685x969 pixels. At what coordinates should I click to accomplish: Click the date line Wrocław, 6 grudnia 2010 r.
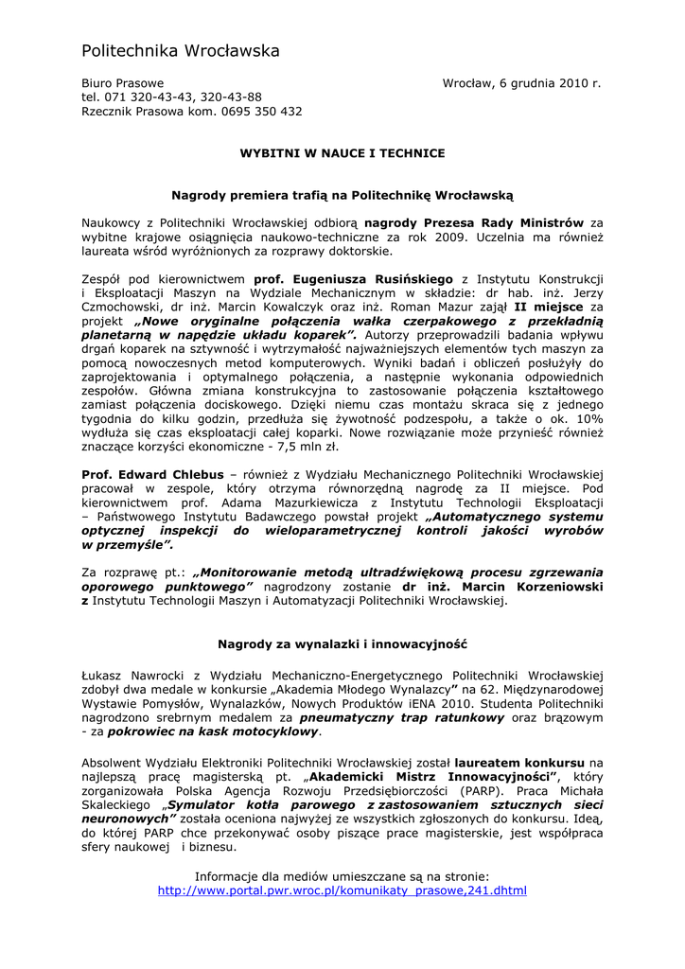pos(521,83)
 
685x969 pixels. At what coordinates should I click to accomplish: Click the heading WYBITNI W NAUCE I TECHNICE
pos(342,152)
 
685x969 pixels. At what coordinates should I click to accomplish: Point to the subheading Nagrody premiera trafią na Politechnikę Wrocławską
pos(342,194)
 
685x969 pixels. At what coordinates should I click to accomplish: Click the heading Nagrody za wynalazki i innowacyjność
pos(342,643)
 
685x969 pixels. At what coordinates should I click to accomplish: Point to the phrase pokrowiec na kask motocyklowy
pos(213,731)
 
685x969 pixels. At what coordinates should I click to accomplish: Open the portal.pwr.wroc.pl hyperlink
pos(342,890)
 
